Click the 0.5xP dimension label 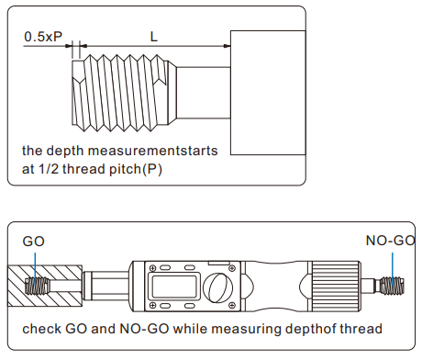point(43,37)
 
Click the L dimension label point(154,37)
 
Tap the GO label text point(34,242)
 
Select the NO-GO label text point(391,241)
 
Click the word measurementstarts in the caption point(153,151)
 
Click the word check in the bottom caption point(41,329)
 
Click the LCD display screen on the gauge point(172,287)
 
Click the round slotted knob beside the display point(218,287)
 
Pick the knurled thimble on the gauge point(336,287)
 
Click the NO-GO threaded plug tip point(392,287)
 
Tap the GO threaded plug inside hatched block point(37,286)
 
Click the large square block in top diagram point(268,93)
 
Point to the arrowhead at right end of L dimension point(227,46)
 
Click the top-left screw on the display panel point(152,268)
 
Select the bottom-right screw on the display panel point(232,305)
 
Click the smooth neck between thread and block point(204,93)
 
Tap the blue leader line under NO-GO point(393,269)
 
